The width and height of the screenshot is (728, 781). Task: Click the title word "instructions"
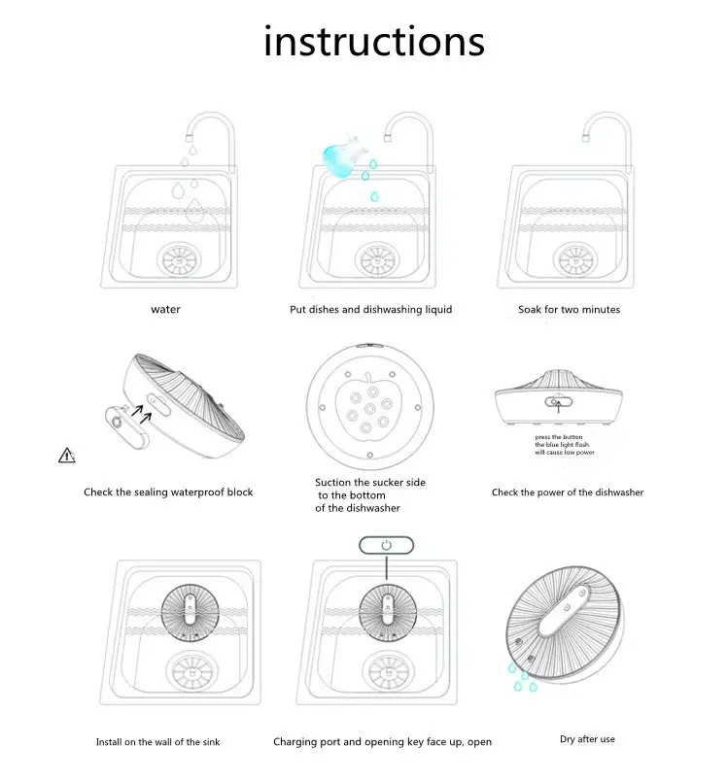tap(373, 42)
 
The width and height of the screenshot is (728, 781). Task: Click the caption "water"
tap(165, 310)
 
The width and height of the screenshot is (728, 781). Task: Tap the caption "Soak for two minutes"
tap(569, 310)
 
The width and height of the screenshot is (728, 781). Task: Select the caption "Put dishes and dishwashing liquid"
tap(370, 310)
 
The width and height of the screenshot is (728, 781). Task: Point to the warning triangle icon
tap(67, 455)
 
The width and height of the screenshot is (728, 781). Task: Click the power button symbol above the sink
tap(386, 545)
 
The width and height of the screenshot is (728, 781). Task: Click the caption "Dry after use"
tap(587, 739)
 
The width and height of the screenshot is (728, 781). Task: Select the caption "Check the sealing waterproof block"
tap(168, 492)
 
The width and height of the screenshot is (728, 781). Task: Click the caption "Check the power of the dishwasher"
tap(568, 492)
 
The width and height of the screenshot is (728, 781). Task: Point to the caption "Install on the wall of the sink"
tap(157, 742)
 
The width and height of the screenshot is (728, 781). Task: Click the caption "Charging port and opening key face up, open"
tap(382, 742)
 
